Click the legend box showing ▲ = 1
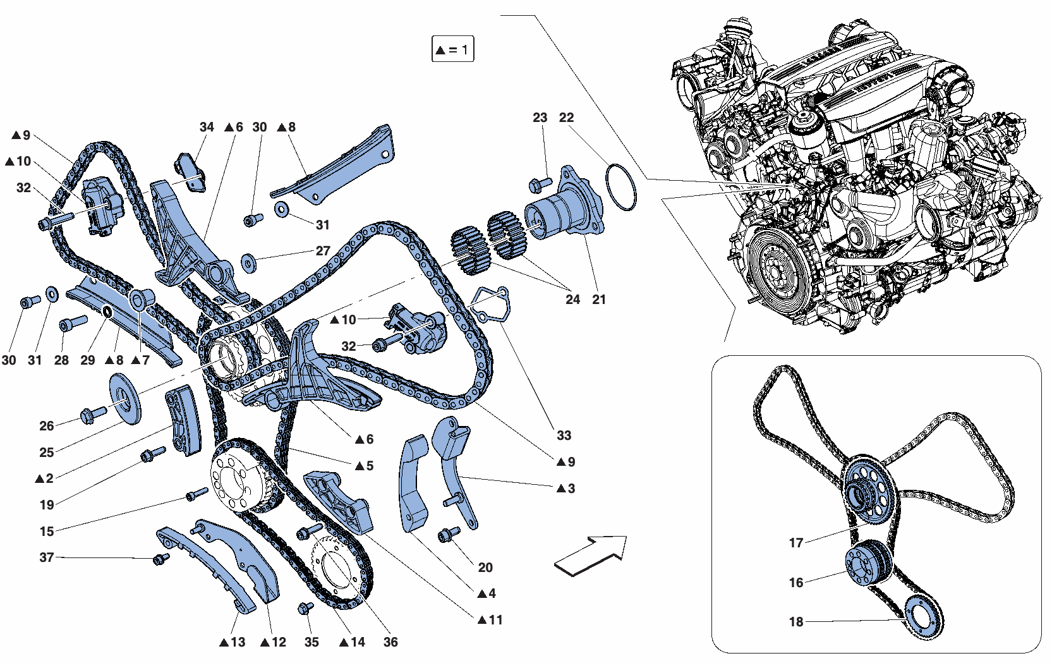pyautogui.click(x=453, y=49)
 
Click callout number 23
pyautogui.click(x=540, y=118)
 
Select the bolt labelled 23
pyautogui.click(x=540, y=184)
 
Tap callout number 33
pyautogui.click(x=564, y=435)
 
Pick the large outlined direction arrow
pyautogui.click(x=591, y=555)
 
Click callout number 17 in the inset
pyautogui.click(x=796, y=543)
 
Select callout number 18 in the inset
pyautogui.click(x=796, y=622)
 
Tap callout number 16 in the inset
pyautogui.click(x=796, y=583)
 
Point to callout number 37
pyautogui.click(x=47, y=557)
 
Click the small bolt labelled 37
pyautogui.click(x=161, y=559)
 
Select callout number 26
pyautogui.click(x=47, y=426)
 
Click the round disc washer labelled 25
pyautogui.click(x=125, y=398)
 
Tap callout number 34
pyautogui.click(x=207, y=127)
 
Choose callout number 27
pyautogui.click(x=323, y=251)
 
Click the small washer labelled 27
pyautogui.click(x=248, y=263)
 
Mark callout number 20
pyautogui.click(x=485, y=568)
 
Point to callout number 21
pyautogui.click(x=599, y=300)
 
